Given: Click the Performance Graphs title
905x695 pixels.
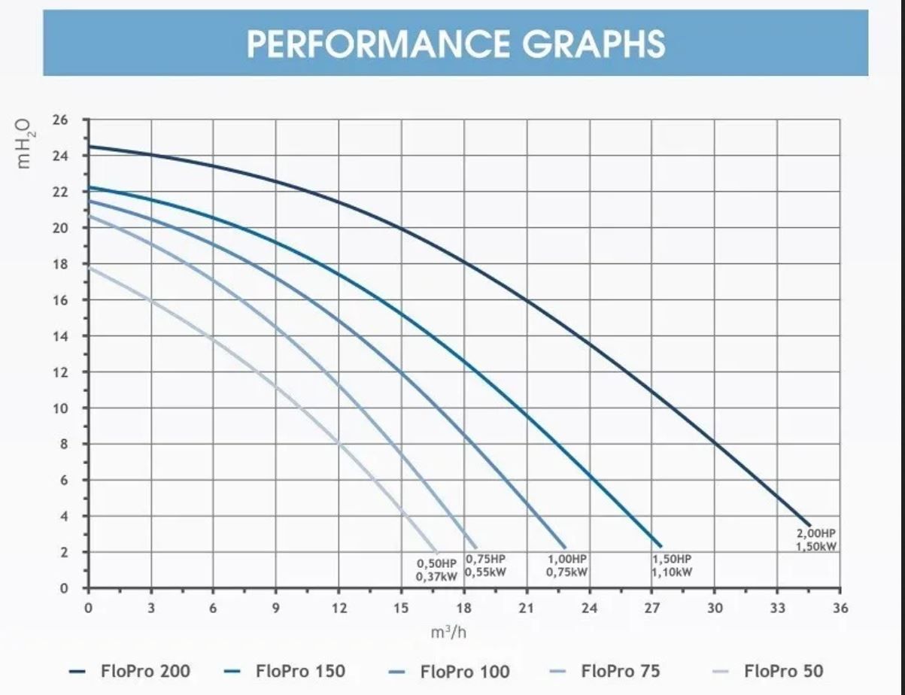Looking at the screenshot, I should tap(456, 44).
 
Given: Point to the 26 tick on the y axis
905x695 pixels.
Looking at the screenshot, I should tap(60, 120).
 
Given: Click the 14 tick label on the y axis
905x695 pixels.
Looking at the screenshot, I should tap(60, 336).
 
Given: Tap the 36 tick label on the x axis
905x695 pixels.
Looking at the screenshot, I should tap(840, 608).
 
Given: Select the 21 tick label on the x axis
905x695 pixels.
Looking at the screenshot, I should tap(526, 608).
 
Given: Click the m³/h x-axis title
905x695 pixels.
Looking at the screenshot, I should tap(448, 632).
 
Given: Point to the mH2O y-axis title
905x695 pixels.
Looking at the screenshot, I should tap(26, 143).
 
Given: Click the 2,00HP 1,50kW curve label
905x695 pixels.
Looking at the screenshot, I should tap(817, 539).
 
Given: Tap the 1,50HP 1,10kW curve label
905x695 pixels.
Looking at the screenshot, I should tap(672, 566).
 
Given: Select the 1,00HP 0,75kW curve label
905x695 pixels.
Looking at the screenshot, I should tap(567, 566).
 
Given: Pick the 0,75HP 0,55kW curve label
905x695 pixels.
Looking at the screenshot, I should tap(485, 566).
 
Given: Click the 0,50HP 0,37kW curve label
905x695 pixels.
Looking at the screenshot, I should tap(436, 570).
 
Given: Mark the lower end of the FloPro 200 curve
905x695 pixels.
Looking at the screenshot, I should tap(809, 525).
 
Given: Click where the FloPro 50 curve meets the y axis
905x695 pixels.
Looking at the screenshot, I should tap(89, 266).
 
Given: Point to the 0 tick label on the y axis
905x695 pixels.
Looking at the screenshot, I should tap(64, 588).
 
